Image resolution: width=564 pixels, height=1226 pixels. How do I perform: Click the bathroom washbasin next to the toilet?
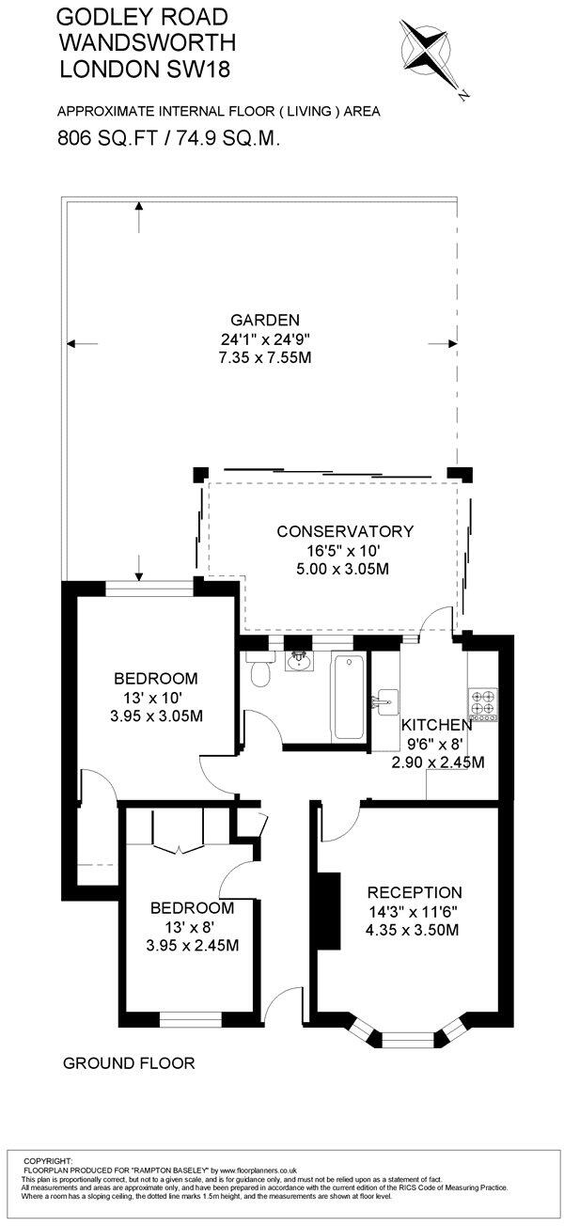tap(302, 661)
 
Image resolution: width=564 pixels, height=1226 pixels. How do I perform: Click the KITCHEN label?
tap(436, 725)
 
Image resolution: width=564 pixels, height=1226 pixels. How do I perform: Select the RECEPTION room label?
tap(415, 892)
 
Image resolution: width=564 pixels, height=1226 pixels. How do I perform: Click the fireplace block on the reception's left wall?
tap(328, 902)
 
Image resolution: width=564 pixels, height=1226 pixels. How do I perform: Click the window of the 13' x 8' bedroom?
tap(190, 1016)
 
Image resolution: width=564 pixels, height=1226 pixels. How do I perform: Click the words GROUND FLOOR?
tap(128, 1063)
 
